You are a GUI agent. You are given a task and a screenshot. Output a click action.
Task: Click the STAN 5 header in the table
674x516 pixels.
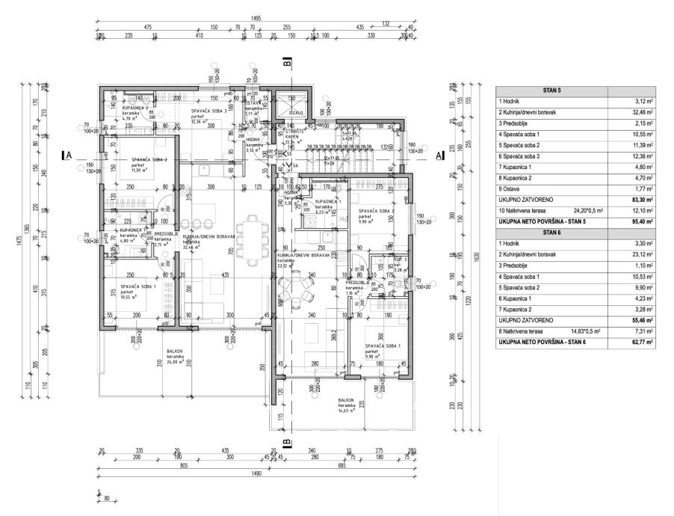[552, 90]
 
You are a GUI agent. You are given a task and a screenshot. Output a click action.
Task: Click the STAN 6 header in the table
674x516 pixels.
[552, 232]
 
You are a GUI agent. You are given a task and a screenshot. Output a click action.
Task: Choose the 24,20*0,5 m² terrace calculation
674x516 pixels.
[591, 211]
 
